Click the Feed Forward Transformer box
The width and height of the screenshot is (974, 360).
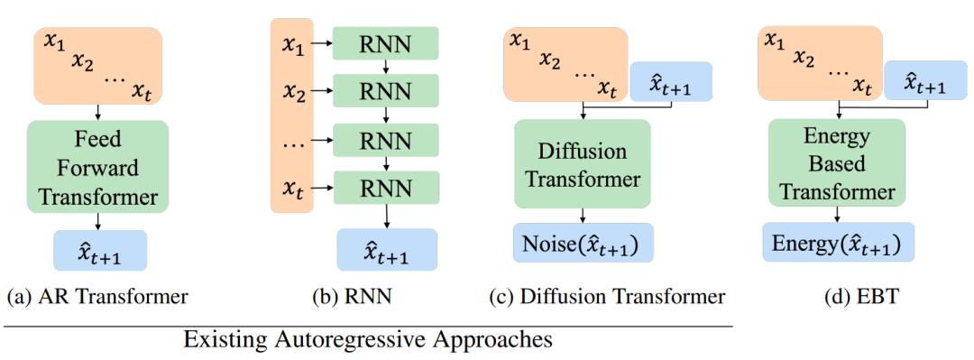(97, 167)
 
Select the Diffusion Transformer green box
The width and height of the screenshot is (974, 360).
(582, 164)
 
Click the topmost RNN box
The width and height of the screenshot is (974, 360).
(386, 43)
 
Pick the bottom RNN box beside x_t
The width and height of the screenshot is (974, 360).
(386, 187)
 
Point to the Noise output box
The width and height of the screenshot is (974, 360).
(583, 243)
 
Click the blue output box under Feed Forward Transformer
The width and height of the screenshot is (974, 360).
(100, 251)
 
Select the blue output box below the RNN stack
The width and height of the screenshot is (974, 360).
(387, 249)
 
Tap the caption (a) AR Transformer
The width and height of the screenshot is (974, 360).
(96, 297)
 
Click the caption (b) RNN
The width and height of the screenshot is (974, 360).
(353, 297)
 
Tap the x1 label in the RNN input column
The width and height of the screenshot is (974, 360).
(292, 45)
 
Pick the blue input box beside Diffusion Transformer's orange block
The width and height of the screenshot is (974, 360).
(671, 81)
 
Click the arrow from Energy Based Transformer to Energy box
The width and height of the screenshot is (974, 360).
(837, 215)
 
